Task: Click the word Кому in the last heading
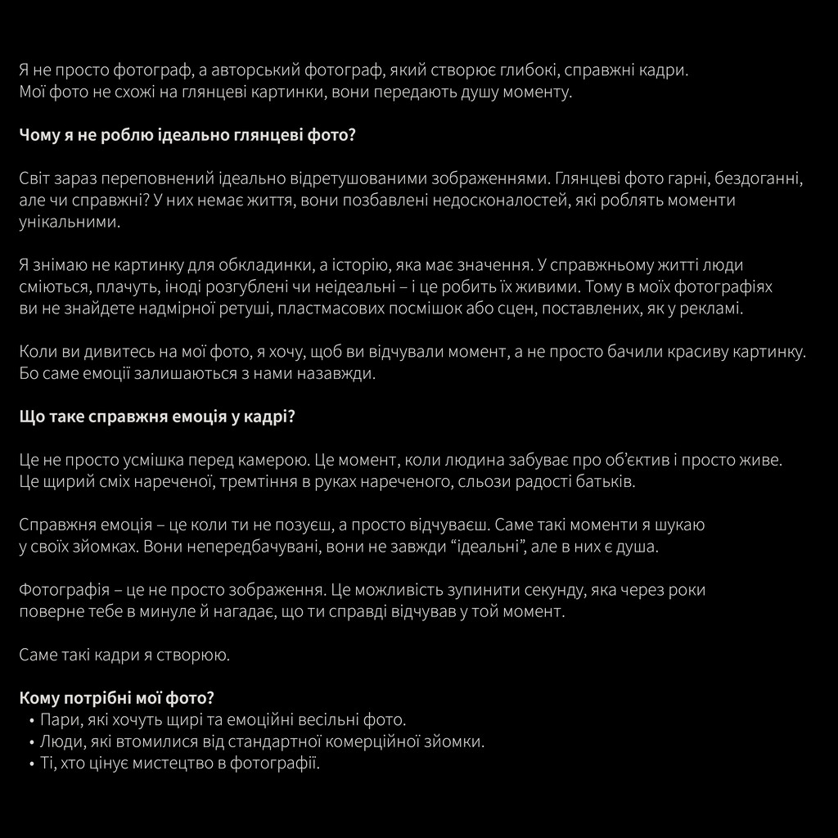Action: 38,698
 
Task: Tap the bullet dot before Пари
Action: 31,721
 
